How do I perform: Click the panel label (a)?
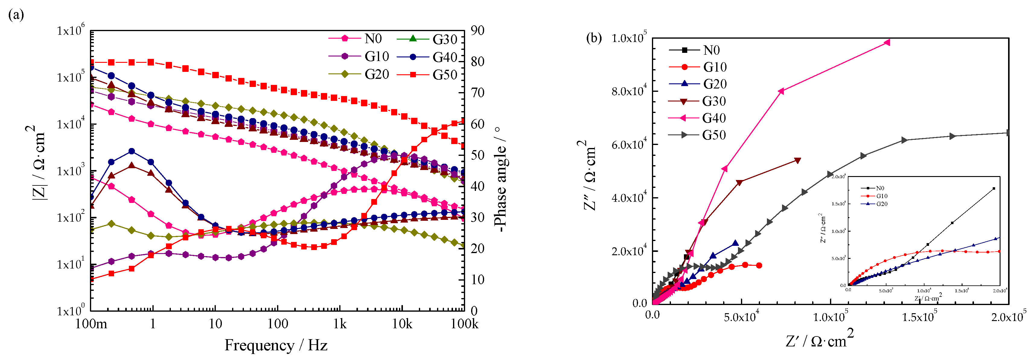tap(16, 15)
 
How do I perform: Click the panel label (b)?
tap(593, 38)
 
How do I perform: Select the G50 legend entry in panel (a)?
tap(445, 75)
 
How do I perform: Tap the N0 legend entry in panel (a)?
tap(373, 39)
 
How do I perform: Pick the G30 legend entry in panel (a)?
tap(445, 39)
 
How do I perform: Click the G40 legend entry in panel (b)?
tap(714, 118)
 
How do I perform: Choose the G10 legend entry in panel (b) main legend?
tap(714, 67)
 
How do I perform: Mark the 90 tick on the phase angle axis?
tap(477, 30)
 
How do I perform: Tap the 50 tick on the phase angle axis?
tap(477, 155)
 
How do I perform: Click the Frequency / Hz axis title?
tap(276, 345)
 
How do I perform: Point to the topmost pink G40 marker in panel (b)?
tap(887, 42)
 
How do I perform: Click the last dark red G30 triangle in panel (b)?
tap(797, 160)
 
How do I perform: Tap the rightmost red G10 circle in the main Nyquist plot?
tap(759, 265)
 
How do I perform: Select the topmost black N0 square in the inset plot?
tap(993, 188)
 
